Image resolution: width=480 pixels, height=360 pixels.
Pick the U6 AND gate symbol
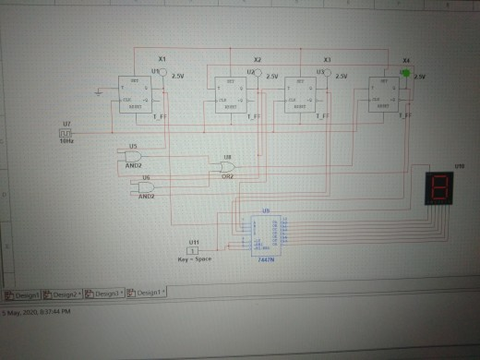point(144,185)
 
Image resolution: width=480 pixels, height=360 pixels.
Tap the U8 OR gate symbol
point(224,167)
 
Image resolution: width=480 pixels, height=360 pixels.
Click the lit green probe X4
point(405,72)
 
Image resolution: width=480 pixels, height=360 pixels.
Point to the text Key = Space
point(195,261)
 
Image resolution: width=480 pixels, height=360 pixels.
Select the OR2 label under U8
point(226,176)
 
